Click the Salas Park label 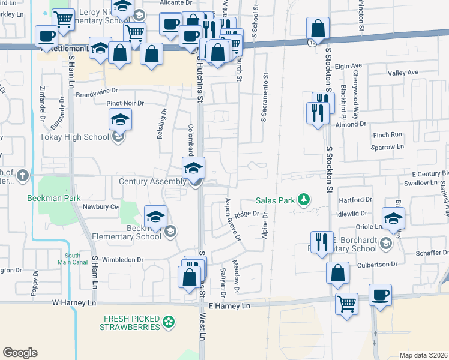tap(276, 200)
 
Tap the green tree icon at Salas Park tap(304, 200)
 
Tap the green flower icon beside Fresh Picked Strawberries tap(170, 322)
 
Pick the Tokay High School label tap(74, 136)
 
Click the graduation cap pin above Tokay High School tap(121, 119)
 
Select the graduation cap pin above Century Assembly tap(194, 167)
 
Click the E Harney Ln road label tap(229, 306)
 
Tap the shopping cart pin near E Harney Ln tap(346, 303)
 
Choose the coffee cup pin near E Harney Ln tap(381, 295)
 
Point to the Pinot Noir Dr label tap(126, 103)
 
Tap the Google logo tap(20, 352)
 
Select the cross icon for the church tap(23, 176)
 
